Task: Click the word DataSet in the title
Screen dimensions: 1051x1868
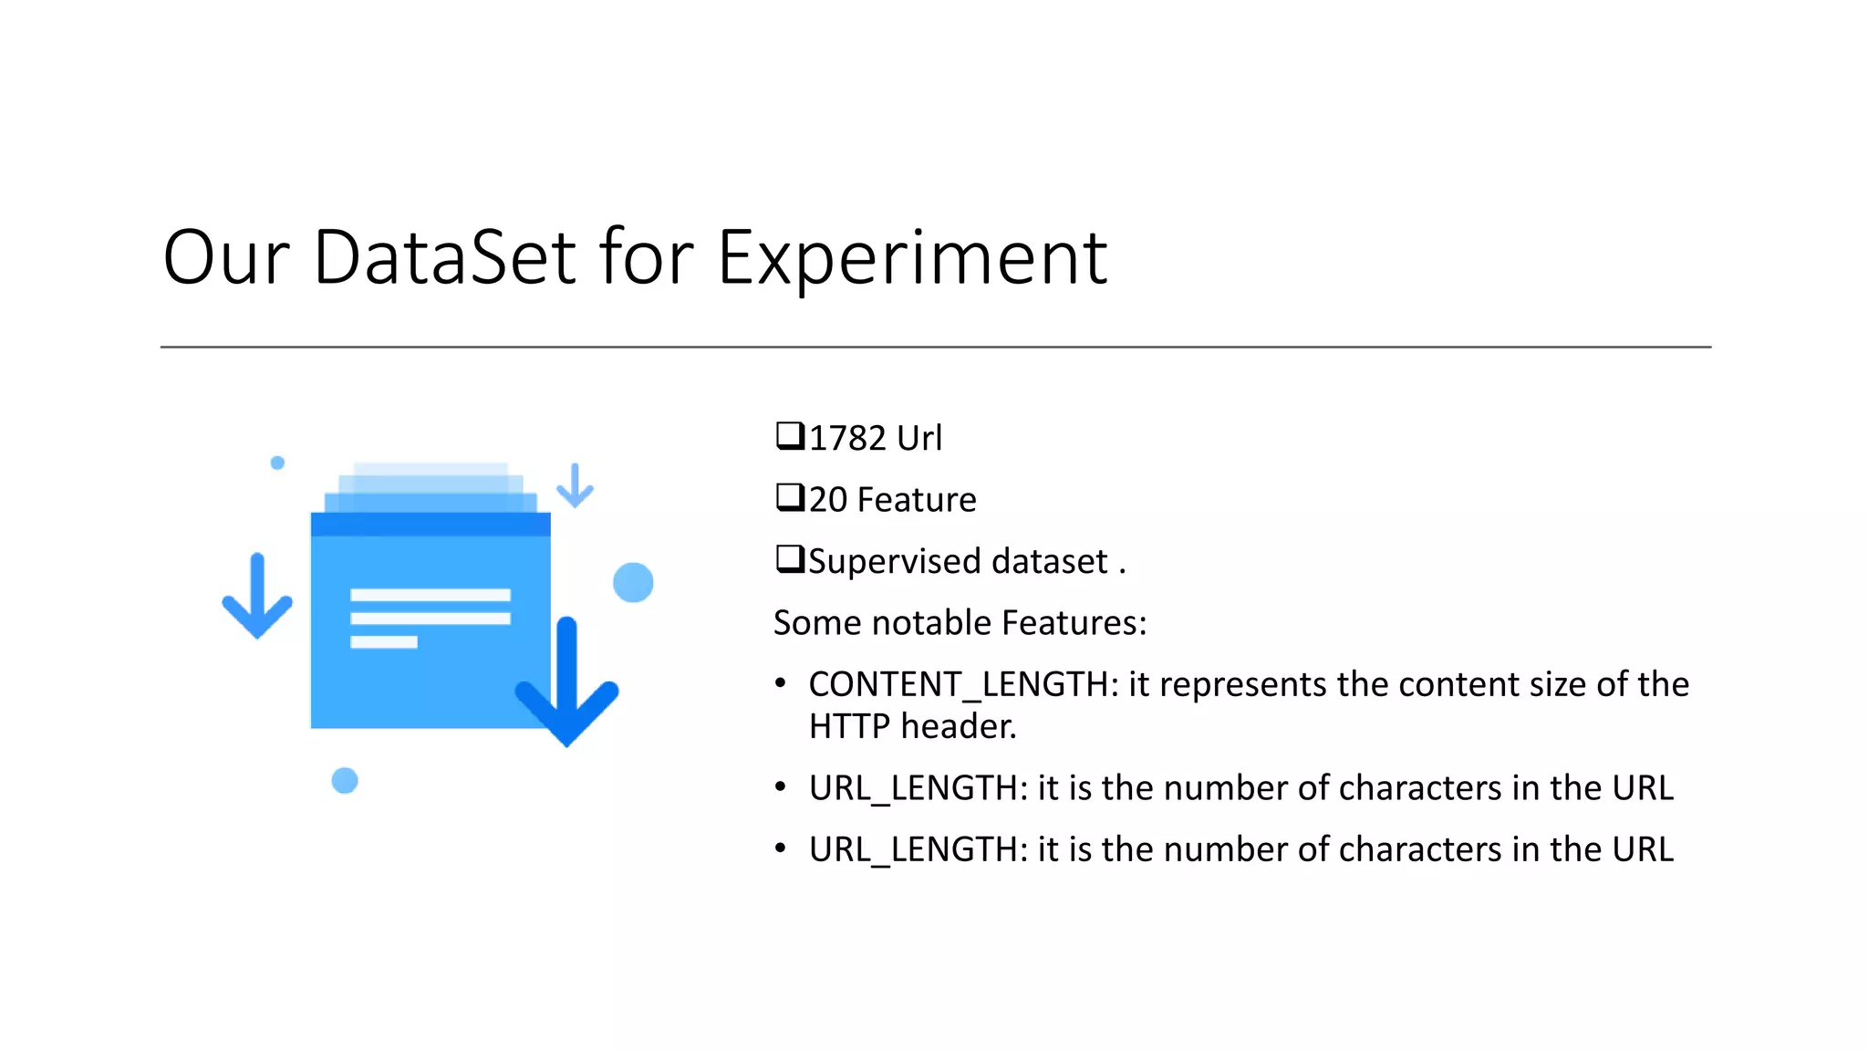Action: coord(444,258)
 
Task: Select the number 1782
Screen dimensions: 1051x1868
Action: coord(847,439)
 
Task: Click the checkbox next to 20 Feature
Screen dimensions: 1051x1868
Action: coord(789,497)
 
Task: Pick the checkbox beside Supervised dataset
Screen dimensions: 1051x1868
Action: coord(789,558)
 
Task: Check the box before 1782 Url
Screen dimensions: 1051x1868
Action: coord(789,436)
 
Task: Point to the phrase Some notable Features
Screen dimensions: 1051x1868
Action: coord(960,623)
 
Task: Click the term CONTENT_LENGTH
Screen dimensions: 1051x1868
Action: coord(958,684)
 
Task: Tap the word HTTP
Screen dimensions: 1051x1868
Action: coord(848,726)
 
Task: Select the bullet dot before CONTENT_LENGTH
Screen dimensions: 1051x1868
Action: coord(780,683)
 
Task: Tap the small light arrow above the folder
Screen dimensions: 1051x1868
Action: coord(575,485)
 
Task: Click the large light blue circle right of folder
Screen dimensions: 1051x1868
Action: coord(633,582)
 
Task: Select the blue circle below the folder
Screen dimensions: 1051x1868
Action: coord(345,781)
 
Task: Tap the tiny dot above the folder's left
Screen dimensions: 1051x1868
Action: coord(277,463)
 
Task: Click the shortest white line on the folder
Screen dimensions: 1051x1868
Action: coord(384,642)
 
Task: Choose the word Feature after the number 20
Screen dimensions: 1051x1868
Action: coord(917,500)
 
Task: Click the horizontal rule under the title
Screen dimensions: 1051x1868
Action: coord(935,347)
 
